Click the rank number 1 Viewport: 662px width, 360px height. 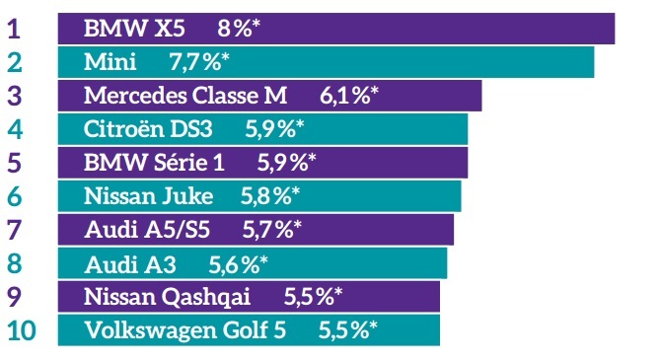14,28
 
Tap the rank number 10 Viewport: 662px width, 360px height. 24,329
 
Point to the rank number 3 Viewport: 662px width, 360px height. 15,96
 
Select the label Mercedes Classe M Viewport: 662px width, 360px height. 185,96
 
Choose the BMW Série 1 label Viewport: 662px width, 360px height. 154,163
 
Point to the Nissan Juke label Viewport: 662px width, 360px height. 149,195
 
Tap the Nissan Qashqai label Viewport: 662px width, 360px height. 168,296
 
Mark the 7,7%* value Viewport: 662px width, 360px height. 199,62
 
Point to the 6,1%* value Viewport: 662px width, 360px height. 349,96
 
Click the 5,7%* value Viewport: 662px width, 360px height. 271,230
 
